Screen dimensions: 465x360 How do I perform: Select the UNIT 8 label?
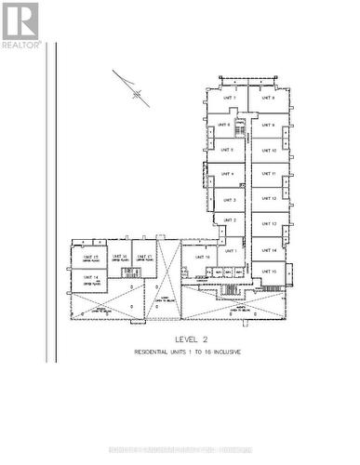(268, 98)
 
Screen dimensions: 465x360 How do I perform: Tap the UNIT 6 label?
(223, 124)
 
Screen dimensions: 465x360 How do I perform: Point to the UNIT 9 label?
(268, 125)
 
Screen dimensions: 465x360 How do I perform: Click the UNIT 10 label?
(268, 150)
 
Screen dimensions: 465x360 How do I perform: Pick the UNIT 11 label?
(268, 174)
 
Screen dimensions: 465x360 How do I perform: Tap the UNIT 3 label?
(229, 199)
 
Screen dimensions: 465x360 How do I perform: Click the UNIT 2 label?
(229, 220)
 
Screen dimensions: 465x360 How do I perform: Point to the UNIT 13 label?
(268, 224)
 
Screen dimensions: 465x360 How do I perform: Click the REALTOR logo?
(20, 25)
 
